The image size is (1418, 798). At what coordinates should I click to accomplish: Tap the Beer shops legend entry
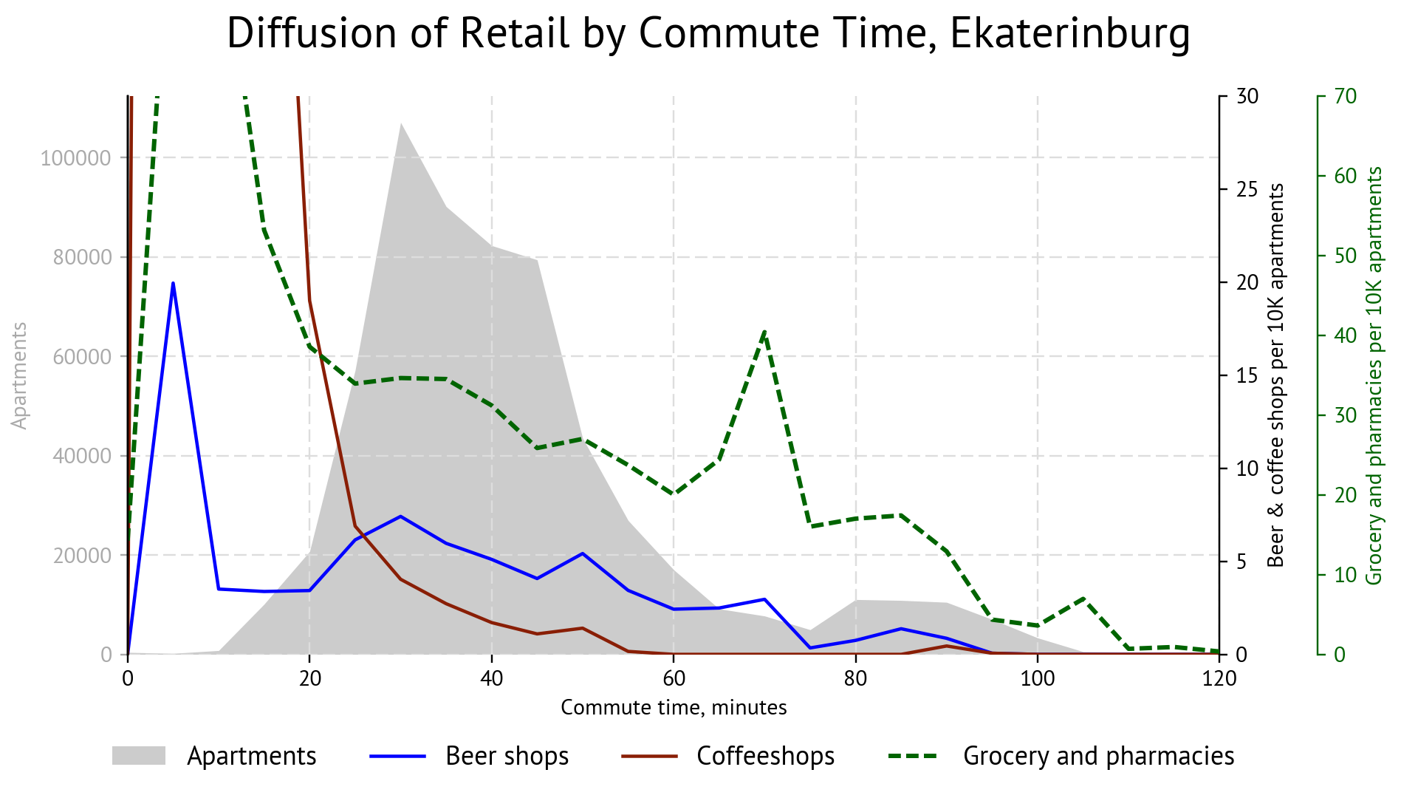pyautogui.click(x=507, y=756)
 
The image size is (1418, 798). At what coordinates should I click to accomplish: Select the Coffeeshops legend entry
pyautogui.click(x=765, y=756)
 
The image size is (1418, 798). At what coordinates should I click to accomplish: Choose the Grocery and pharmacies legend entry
pyautogui.click(x=1098, y=756)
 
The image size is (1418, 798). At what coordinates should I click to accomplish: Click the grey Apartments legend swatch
pyautogui.click(x=139, y=756)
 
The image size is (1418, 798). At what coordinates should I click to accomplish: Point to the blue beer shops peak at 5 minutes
pyautogui.click(x=173, y=283)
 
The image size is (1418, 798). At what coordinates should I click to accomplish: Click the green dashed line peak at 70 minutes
pyautogui.click(x=765, y=332)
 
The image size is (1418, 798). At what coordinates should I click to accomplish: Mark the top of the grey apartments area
pyautogui.click(x=400, y=124)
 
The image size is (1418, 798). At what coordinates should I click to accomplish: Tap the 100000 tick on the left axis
pyautogui.click(x=76, y=158)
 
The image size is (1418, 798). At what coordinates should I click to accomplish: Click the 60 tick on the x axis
pyautogui.click(x=674, y=678)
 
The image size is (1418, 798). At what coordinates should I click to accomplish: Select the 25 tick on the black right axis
pyautogui.click(x=1247, y=190)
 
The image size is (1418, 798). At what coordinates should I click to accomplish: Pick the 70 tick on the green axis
pyautogui.click(x=1346, y=96)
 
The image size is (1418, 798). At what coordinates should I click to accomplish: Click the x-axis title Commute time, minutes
pyautogui.click(x=674, y=708)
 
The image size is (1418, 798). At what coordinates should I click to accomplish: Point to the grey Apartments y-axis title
pyautogui.click(x=20, y=375)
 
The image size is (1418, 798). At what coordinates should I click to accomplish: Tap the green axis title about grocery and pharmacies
pyautogui.click(x=1374, y=375)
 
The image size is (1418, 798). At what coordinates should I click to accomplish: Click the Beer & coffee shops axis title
pyautogui.click(x=1276, y=375)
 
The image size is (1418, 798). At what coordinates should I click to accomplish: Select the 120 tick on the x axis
pyautogui.click(x=1219, y=678)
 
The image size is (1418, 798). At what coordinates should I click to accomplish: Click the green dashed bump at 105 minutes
pyautogui.click(x=1083, y=598)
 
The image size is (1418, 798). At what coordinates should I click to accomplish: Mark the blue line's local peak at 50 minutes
pyautogui.click(x=583, y=553)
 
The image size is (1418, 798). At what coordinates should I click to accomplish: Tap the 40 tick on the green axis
pyautogui.click(x=1346, y=335)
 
